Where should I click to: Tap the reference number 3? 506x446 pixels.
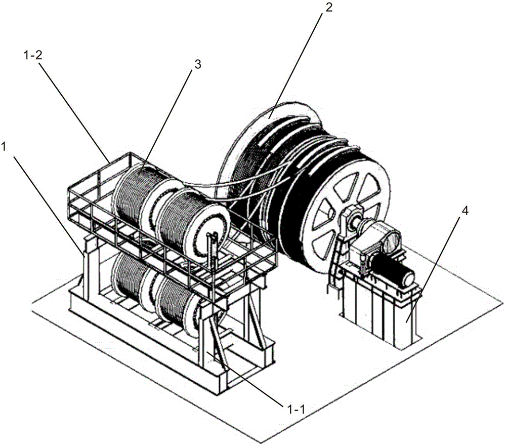[x=197, y=65]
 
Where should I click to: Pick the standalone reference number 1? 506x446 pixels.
[x=4, y=147]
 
